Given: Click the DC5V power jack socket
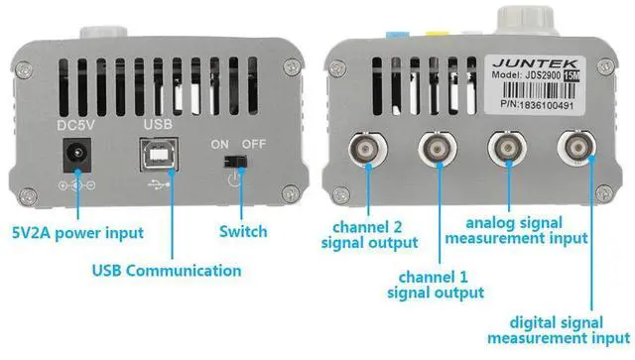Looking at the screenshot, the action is tap(76, 155).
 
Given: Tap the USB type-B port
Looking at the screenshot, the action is tap(159, 155).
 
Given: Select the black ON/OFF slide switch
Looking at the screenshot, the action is tap(235, 162).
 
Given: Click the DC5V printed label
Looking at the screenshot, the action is tap(75, 125).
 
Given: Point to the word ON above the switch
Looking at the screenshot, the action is tap(220, 144).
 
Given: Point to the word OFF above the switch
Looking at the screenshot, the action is tap(254, 144).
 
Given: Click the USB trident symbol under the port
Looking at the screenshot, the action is tap(159, 184).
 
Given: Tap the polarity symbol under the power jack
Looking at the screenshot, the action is tap(77, 185).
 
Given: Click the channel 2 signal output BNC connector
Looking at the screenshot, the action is tap(368, 149).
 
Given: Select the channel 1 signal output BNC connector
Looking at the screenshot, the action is tap(438, 148).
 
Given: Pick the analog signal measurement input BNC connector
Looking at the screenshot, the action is tap(507, 148).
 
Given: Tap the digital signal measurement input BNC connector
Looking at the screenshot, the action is tap(576, 148).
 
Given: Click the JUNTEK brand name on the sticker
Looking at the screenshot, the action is tap(535, 63).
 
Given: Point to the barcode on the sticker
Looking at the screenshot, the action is tap(536, 90).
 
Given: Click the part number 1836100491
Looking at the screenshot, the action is tap(547, 105).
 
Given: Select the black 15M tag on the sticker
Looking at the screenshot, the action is tap(571, 75).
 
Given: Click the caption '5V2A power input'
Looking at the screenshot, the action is tap(77, 233).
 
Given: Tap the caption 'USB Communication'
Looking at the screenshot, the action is tap(167, 271).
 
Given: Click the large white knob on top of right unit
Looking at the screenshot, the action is tap(526, 20).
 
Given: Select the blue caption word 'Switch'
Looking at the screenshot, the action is tap(243, 232).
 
